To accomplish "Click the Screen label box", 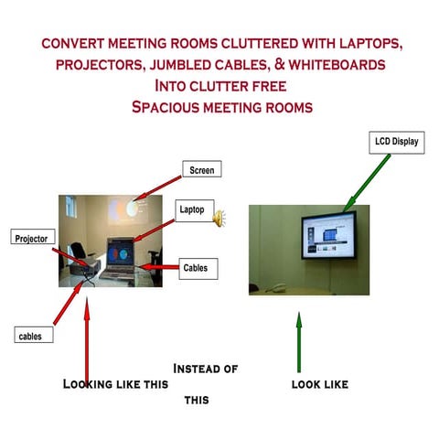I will tap(202, 170).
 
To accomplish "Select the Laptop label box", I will tap(196, 209).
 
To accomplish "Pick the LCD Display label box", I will tap(397, 142).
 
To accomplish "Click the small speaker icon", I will tap(219, 219).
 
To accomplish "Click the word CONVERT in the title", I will tap(74, 44).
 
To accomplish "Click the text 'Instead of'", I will tap(206, 369).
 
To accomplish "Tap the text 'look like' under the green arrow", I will tap(319, 384).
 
